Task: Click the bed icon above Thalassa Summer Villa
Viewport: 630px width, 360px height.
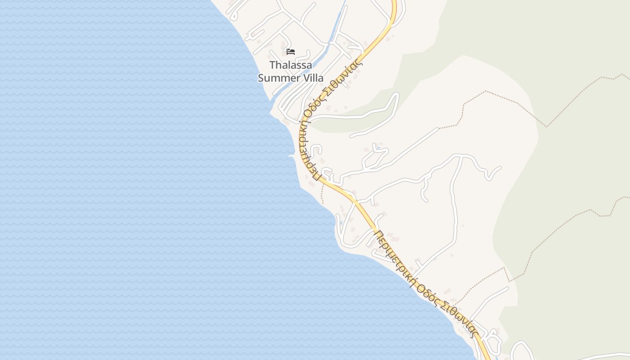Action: (x=291, y=51)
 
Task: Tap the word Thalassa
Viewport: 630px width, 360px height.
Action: (x=291, y=65)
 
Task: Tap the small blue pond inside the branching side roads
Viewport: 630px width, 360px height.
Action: (x=378, y=148)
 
